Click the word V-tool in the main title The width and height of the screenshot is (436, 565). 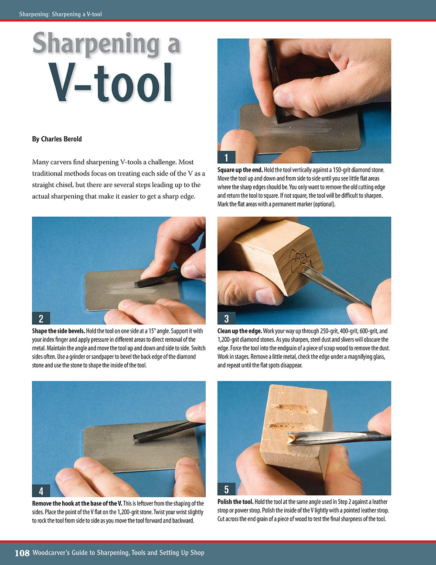point(111,83)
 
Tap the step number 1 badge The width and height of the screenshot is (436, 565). point(226,158)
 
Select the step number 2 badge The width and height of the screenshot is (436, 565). point(41,318)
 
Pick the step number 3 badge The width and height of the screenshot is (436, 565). point(226,318)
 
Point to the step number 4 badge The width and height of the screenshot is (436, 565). point(41,491)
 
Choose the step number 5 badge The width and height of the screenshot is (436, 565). point(226,489)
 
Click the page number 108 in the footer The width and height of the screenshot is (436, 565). point(22,553)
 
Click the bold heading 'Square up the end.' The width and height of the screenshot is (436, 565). point(240,170)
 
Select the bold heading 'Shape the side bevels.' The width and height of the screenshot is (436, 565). point(58,331)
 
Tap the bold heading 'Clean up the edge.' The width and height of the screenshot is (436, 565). point(240,331)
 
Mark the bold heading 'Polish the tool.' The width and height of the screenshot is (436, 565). point(235,502)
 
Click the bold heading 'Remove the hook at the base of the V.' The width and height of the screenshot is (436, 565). point(77,503)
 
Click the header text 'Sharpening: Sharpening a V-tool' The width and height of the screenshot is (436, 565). point(60,14)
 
